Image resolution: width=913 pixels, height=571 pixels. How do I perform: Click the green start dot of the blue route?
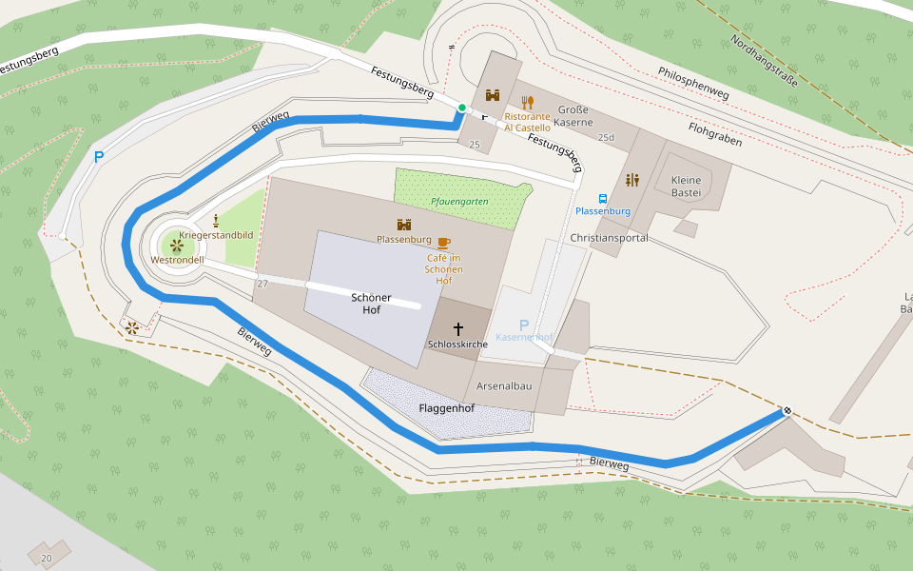[x=461, y=108]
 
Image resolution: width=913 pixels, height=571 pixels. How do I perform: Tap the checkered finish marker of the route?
[x=787, y=411]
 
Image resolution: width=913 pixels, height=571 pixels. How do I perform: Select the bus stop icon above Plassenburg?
[x=603, y=198]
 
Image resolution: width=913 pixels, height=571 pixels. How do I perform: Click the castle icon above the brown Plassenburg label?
[x=404, y=225]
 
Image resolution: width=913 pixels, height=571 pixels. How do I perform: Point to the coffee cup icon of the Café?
[x=443, y=243]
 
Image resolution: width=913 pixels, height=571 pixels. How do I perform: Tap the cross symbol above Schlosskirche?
[x=458, y=328]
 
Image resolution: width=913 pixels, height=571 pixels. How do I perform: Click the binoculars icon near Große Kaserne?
[x=493, y=96]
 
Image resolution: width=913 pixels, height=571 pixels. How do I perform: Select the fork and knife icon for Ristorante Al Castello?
[x=527, y=101]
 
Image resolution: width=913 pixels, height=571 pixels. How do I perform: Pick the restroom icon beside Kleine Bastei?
[x=632, y=180]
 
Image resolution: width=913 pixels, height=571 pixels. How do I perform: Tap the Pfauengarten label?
[x=459, y=202]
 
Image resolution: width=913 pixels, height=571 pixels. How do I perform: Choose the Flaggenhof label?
[x=446, y=408]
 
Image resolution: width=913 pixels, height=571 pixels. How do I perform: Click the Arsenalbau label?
[x=504, y=385]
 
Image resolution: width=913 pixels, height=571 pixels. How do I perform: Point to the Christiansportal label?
[x=609, y=238]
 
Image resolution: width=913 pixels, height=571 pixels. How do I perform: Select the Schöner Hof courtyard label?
[x=371, y=304]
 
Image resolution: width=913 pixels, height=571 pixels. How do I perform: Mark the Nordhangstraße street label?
[x=764, y=60]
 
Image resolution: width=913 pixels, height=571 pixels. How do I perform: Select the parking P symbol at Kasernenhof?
[x=523, y=325]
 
